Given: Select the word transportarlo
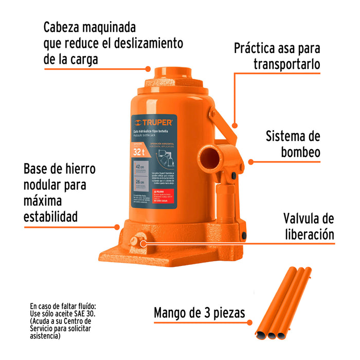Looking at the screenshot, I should [x=286, y=64].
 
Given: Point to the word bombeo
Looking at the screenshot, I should [x=301, y=152].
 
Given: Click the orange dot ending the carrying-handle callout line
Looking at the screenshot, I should [x=235, y=125].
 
